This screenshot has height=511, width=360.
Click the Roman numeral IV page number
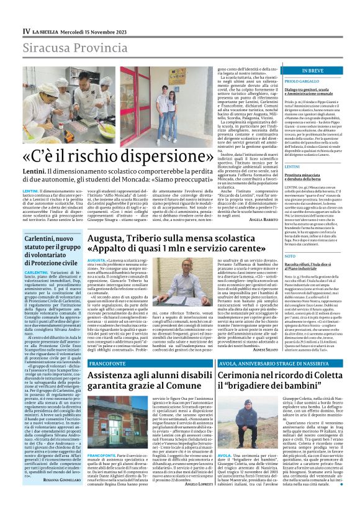coord(27,30)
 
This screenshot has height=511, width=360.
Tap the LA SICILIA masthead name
coord(45,30)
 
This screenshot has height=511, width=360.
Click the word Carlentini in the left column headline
coord(46,240)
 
